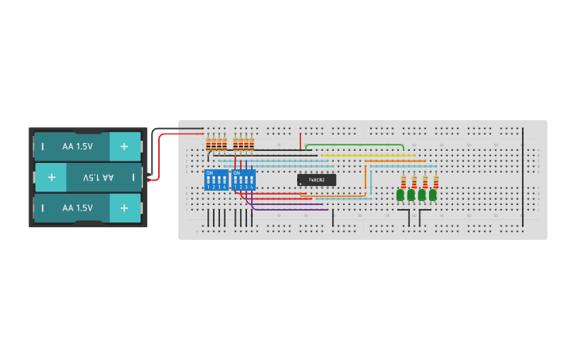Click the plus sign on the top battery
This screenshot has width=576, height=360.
[x=124, y=146]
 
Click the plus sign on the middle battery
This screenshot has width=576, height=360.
[x=52, y=177]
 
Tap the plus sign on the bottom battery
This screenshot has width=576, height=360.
[x=124, y=207]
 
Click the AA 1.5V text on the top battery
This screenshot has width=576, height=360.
[x=78, y=146]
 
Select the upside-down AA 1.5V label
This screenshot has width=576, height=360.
[x=99, y=177]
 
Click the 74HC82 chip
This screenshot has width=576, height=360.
[x=316, y=180]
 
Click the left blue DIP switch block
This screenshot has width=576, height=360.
[x=216, y=180]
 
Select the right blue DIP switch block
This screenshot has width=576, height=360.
[x=244, y=180]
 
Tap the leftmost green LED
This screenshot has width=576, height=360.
[x=400, y=195]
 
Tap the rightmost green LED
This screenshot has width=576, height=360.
[x=433, y=195]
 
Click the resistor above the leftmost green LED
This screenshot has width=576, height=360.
[x=404, y=181]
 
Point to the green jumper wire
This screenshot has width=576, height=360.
[x=354, y=145]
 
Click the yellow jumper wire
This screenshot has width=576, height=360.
[x=373, y=156]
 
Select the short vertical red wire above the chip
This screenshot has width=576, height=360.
[x=300, y=141]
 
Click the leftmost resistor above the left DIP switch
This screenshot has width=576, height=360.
[x=209, y=144]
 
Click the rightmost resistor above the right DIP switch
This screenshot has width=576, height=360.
[x=251, y=144]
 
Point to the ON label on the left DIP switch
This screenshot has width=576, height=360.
[x=211, y=172]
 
